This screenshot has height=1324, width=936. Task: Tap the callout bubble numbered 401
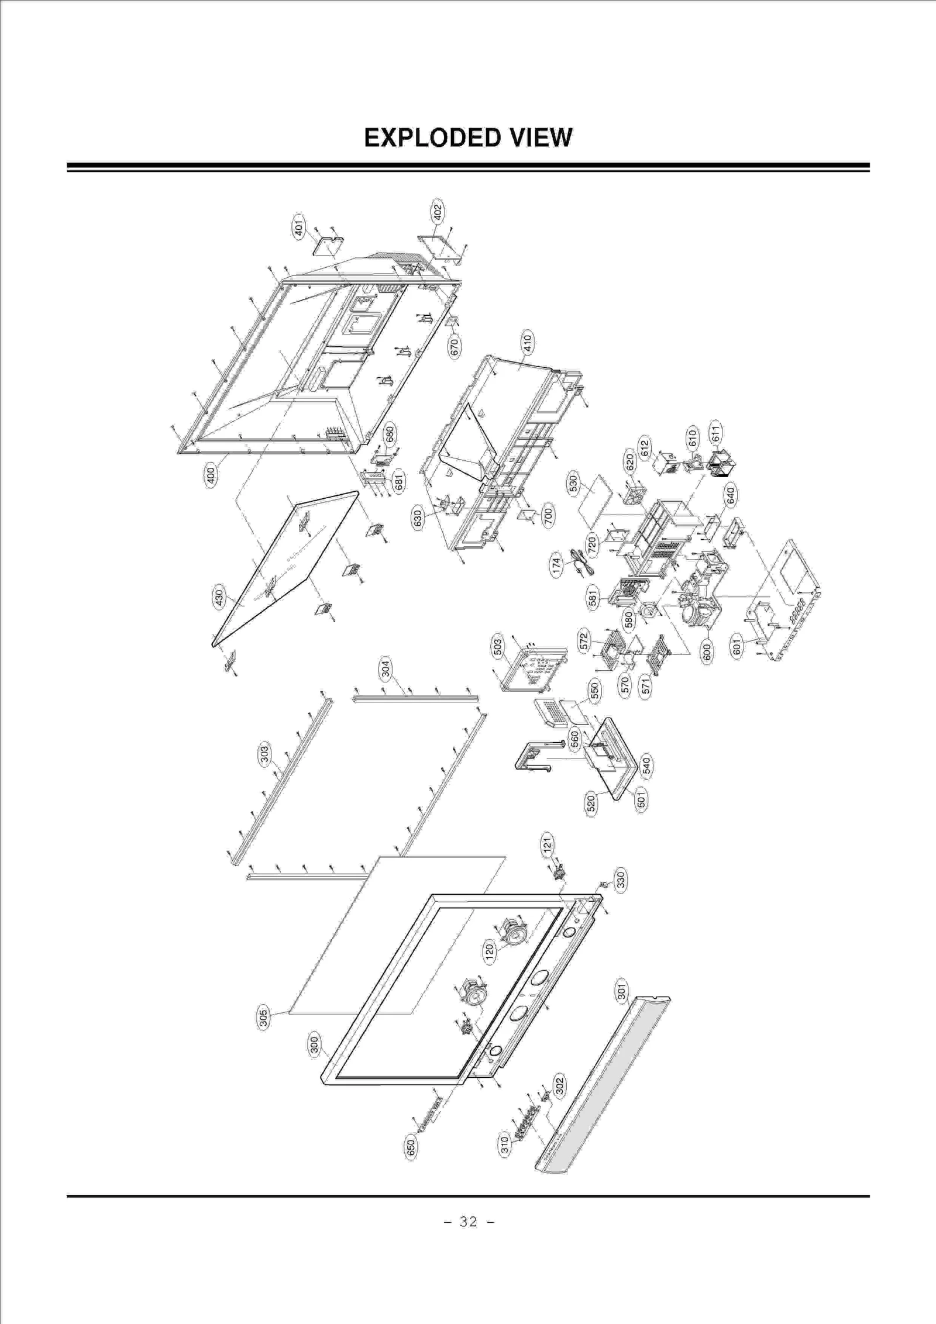point(299,226)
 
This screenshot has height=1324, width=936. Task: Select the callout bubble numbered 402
point(438,211)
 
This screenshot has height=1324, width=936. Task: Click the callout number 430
point(218,598)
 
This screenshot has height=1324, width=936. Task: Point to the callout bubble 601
point(737,647)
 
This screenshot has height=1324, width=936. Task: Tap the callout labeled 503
point(497,647)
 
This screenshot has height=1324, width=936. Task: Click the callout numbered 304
point(386,668)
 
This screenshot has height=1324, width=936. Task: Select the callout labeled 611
point(715,432)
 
